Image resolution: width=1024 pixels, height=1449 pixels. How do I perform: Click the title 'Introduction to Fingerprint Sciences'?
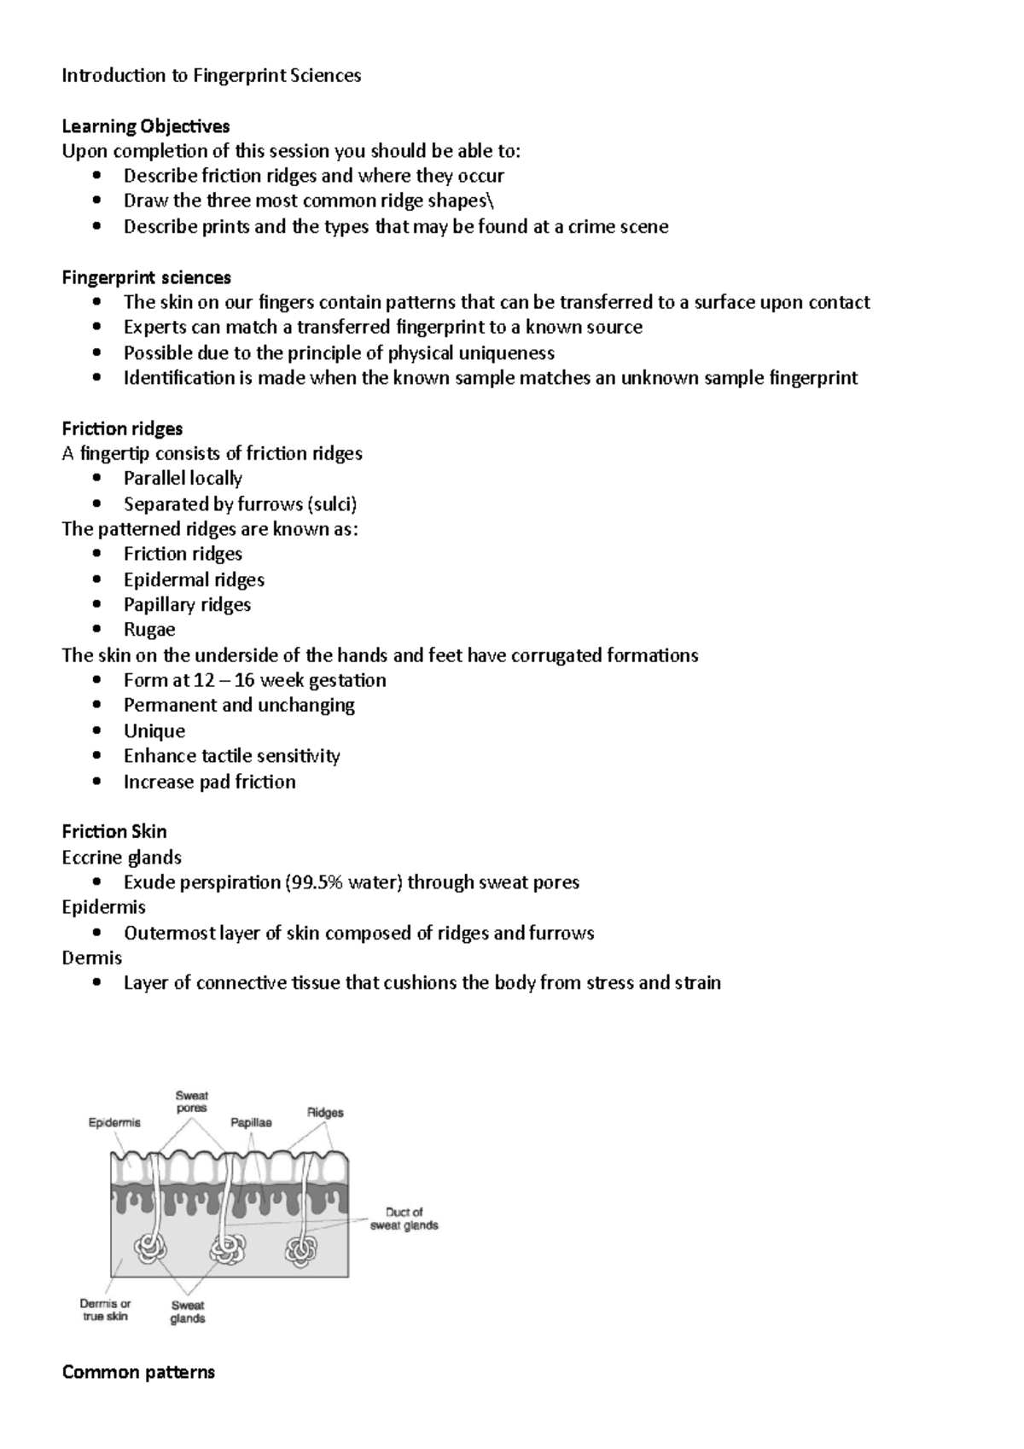coord(211,75)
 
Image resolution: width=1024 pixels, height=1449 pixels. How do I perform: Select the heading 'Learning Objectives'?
coord(146,126)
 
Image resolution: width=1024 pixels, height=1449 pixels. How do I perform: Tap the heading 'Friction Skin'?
coord(114,831)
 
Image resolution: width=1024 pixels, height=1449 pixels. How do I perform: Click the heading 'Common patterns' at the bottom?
coord(138,1372)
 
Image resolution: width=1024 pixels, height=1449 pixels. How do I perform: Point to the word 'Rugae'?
coord(149,630)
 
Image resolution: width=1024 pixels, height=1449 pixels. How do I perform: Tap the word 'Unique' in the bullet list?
coord(154,731)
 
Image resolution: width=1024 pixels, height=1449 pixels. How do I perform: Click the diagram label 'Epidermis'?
coord(114,1123)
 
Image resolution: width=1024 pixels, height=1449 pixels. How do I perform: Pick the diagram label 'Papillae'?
coord(251,1123)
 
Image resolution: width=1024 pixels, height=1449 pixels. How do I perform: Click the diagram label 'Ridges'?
coord(325,1113)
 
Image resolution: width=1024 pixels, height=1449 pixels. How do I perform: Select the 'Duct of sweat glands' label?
coord(404,1219)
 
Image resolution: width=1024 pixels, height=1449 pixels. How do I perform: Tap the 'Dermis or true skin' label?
coord(105,1310)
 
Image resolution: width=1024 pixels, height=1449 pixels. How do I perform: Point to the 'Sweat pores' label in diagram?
coord(192,1102)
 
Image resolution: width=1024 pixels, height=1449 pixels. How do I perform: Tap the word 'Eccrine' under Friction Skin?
coord(90,857)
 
